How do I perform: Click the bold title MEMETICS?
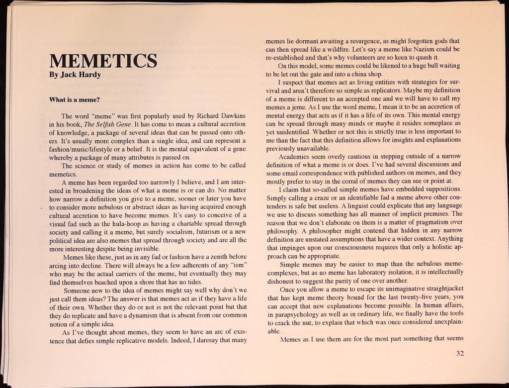pos(103,61)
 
